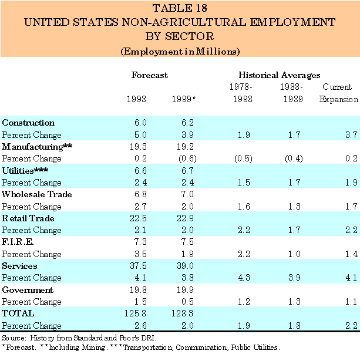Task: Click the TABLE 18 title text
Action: point(180,8)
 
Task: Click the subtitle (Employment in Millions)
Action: point(180,51)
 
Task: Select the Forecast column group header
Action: point(149,75)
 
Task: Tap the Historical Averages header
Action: point(279,75)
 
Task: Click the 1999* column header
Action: point(183,99)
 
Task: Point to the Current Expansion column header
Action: point(338,93)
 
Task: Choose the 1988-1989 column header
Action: point(291,93)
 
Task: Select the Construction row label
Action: point(28,123)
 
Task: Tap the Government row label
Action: point(28,289)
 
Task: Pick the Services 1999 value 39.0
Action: point(186,265)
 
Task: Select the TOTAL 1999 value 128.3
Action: point(184,313)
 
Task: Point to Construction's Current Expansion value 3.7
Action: point(351,135)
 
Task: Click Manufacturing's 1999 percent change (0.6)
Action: point(184,158)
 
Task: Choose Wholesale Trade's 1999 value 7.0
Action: point(188,194)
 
